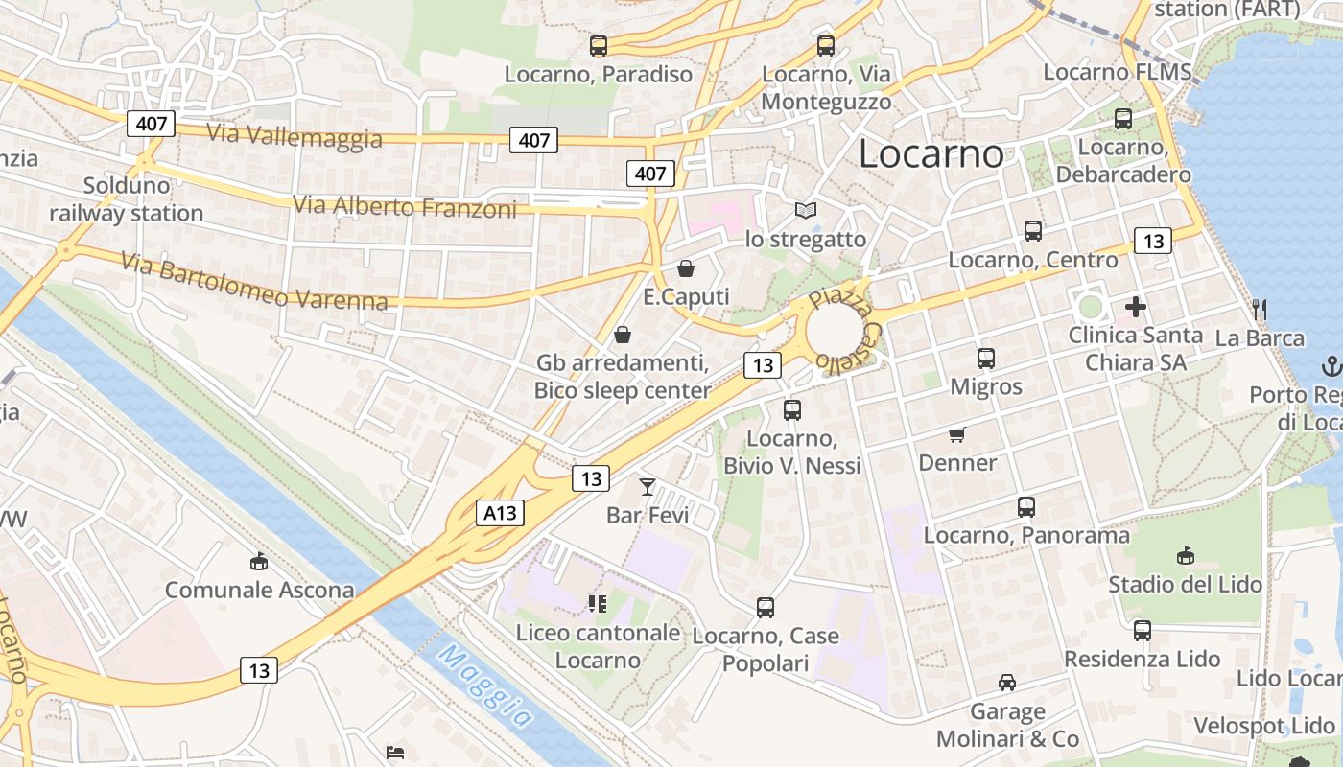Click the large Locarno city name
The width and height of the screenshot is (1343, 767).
tap(931, 153)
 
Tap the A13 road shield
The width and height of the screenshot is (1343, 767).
tap(500, 513)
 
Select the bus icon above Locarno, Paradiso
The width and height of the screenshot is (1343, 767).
tap(599, 45)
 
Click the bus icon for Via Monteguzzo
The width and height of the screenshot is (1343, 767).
tap(826, 45)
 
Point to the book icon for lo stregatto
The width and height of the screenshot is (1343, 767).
tap(806, 210)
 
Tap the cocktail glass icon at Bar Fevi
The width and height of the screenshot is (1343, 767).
tap(648, 486)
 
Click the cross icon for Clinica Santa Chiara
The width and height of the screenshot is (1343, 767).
tap(1136, 307)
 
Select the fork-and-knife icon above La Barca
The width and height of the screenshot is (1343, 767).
tap(1260, 309)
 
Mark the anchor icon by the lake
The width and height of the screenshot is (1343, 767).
tap(1331, 365)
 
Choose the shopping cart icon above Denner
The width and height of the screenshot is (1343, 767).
tap(956, 435)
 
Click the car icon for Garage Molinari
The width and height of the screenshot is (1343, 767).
tap(1007, 683)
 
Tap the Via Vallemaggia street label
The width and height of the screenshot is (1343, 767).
tap(295, 135)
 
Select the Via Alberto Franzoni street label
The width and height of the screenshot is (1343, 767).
tap(404, 205)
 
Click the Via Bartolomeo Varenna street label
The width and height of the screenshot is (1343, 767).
tap(254, 281)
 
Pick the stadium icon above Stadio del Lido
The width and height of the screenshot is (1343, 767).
tap(1186, 556)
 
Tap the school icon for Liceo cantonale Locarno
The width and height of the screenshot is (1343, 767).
tap(598, 603)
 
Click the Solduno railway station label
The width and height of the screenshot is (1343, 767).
tap(127, 198)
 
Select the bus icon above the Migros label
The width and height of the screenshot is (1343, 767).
tap(986, 359)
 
